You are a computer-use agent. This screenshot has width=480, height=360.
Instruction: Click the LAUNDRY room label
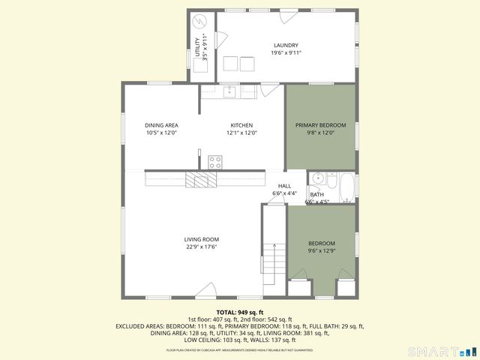[x=286, y=45]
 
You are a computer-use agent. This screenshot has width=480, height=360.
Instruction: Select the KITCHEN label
[x=241, y=125]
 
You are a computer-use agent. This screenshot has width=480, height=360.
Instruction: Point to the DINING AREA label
[x=161, y=125]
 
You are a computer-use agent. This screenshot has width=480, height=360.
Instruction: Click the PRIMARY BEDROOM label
[x=320, y=125]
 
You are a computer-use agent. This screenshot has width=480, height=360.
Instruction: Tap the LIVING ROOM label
[x=201, y=240]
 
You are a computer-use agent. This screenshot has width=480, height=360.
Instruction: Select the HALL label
[x=285, y=186]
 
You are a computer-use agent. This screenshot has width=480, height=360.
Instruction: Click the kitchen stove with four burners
[x=215, y=161]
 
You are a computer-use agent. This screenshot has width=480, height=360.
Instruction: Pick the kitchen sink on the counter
[x=229, y=91]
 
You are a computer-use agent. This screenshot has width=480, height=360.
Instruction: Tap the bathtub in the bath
[x=346, y=187]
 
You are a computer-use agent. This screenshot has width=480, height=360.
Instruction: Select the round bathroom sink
[x=317, y=178]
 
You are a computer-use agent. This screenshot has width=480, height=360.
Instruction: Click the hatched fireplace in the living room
[x=201, y=179]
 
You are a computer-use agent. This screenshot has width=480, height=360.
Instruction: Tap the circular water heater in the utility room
[x=200, y=22]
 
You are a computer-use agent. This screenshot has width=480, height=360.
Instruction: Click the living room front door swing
[x=207, y=290]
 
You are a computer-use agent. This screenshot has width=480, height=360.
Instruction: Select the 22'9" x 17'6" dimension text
[x=201, y=247]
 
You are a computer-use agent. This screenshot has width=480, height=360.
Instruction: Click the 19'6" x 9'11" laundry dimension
[x=286, y=53]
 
